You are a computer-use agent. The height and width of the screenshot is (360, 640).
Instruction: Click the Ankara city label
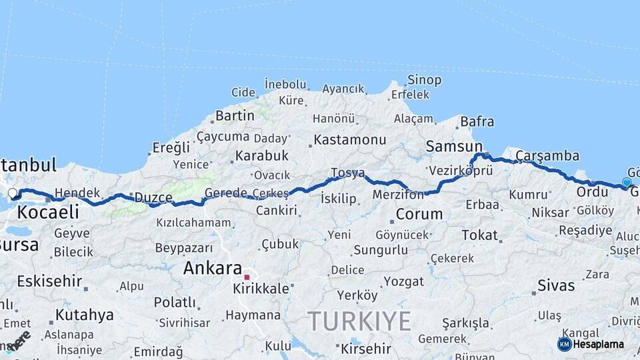click(x=213, y=268)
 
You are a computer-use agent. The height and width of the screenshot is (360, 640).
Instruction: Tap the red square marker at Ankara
click(x=247, y=277)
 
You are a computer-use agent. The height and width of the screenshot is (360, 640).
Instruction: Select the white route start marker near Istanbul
click(x=12, y=194)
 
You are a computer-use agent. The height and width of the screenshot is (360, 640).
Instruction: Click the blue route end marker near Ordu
click(x=627, y=182)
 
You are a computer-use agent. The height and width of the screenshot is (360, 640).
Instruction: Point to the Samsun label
click(x=454, y=146)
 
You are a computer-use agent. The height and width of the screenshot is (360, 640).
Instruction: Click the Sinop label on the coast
click(x=424, y=80)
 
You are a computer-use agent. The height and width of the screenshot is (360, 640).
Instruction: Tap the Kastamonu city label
click(x=349, y=140)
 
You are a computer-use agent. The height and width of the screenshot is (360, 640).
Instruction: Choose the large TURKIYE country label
click(x=359, y=321)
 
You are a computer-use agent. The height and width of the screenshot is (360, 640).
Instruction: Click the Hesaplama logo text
click(x=598, y=344)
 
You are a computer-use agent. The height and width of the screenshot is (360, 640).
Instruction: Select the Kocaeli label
click(x=47, y=213)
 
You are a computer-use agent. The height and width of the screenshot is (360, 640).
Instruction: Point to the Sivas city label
click(x=556, y=285)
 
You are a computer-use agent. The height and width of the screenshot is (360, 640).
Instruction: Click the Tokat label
click(x=479, y=235)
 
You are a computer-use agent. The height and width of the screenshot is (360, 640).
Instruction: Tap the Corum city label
click(x=419, y=214)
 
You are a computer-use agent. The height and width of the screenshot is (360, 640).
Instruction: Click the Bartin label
click(x=235, y=115)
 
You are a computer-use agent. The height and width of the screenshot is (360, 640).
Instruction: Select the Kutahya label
click(x=84, y=315)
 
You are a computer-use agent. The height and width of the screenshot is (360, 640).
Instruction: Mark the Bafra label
click(x=477, y=121)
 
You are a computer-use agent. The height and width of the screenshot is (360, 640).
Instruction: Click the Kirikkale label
click(x=261, y=289)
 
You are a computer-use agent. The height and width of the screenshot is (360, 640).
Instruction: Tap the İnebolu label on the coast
click(x=285, y=85)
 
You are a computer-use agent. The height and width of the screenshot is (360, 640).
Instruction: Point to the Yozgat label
click(x=404, y=281)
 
